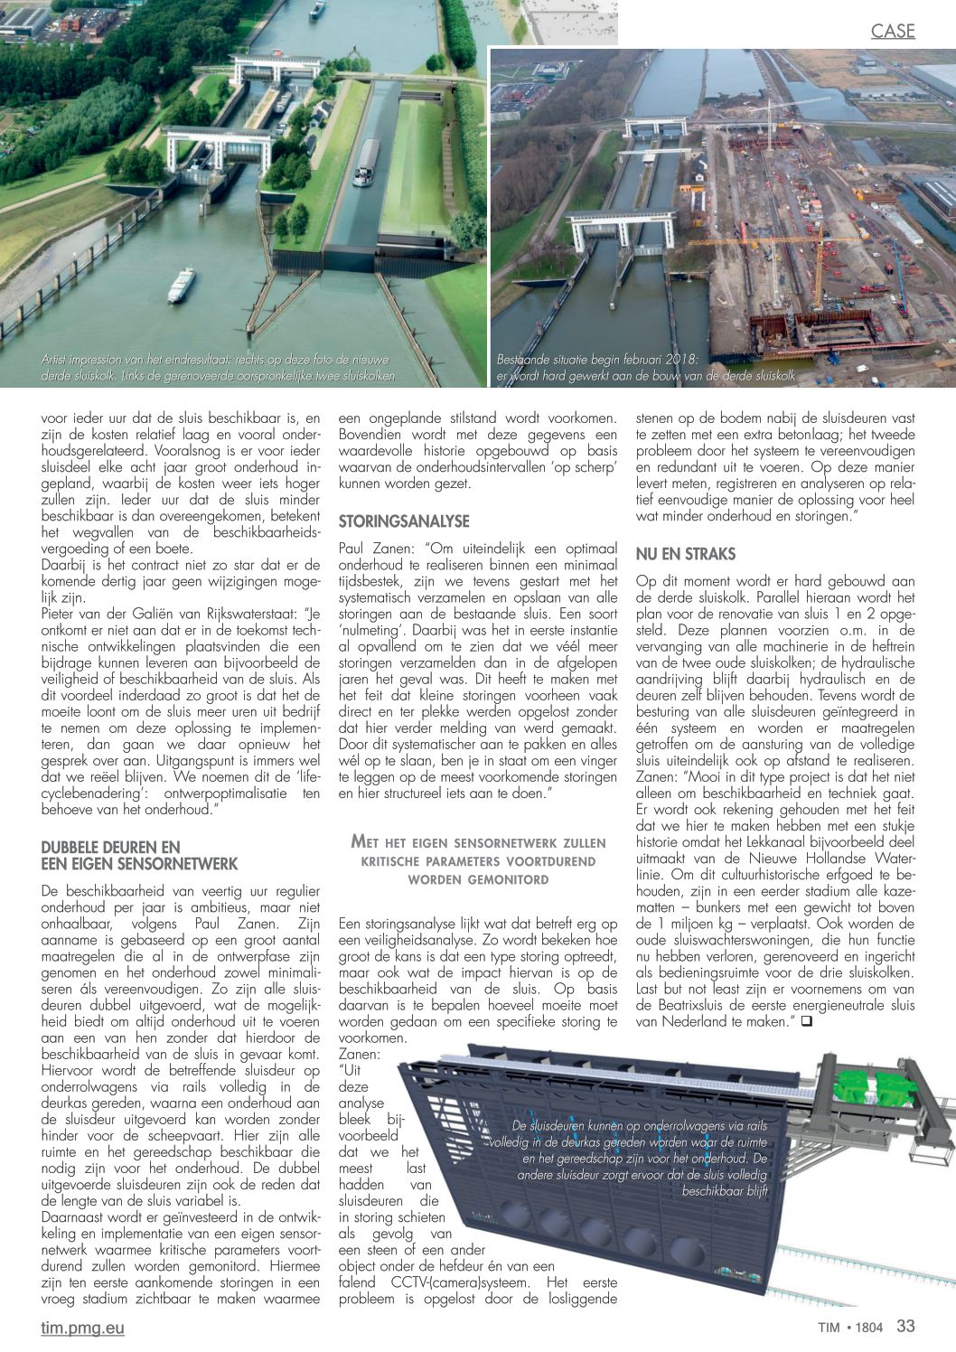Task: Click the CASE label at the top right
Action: pos(893,32)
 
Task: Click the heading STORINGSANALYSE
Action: pos(404,521)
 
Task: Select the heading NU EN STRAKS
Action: pos(686,554)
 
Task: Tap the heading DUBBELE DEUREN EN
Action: pos(111,848)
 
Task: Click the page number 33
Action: pos(905,1326)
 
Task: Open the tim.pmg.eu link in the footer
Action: pos(82,1328)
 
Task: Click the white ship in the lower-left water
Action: pos(181,285)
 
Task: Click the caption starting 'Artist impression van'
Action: pos(217,368)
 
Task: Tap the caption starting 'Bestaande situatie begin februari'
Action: pos(645,368)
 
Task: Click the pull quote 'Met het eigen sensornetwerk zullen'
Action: pos(478,859)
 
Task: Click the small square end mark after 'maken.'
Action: pos(805,1021)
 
